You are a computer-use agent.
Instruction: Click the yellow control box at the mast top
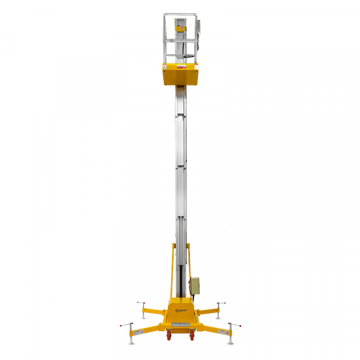(180, 27)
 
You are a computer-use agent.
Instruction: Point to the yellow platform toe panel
(180, 76)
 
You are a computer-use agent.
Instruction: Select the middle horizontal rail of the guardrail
(180, 40)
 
